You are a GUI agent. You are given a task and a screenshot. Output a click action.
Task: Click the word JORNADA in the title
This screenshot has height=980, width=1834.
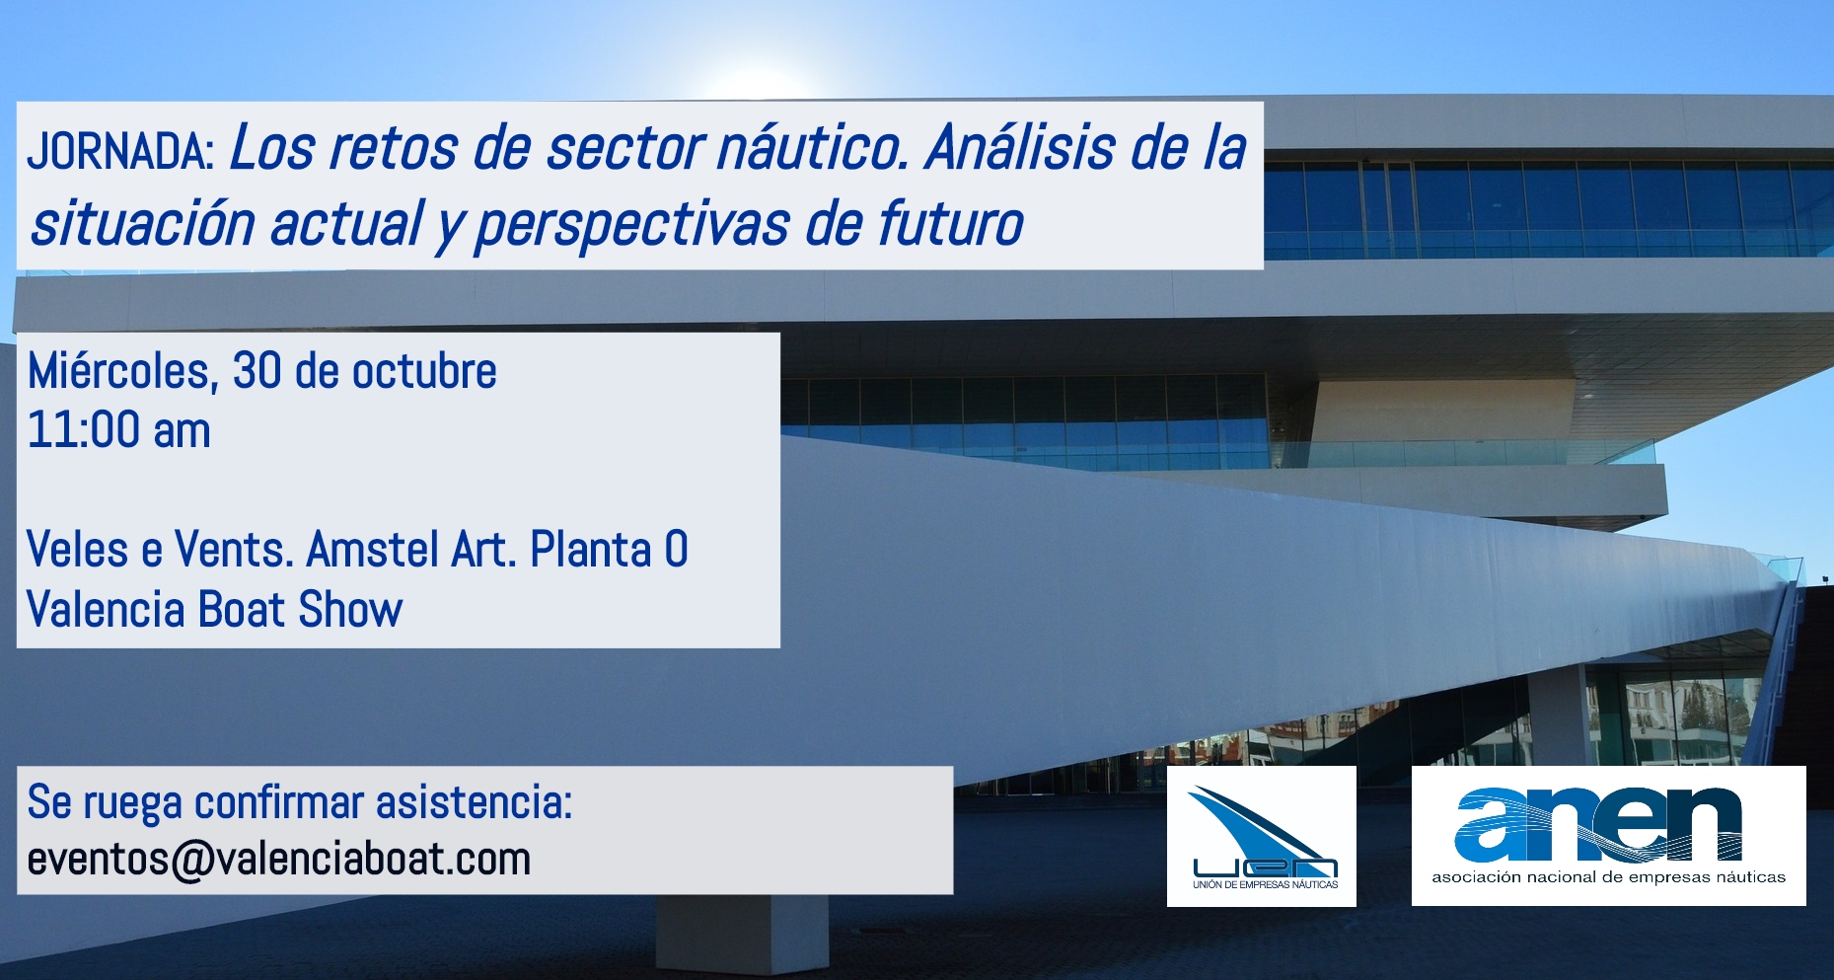pos(120,151)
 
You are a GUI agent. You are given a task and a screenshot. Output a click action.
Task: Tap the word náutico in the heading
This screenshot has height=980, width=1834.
pos(812,148)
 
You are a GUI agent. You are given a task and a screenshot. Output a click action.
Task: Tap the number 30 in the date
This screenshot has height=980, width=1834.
pos(257,371)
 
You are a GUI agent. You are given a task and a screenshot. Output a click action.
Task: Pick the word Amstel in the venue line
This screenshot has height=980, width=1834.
pos(373,550)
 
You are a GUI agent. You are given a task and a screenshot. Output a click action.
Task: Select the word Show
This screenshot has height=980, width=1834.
pos(350,610)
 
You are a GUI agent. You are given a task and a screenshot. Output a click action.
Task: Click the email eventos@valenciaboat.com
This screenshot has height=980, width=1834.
pos(279,860)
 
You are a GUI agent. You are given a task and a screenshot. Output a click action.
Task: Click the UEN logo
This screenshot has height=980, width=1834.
pos(1262,837)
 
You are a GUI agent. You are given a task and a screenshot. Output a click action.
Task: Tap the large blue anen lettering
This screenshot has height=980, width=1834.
pos(1598,824)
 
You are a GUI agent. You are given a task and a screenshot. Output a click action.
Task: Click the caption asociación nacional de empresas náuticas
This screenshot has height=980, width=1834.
pos(1608,876)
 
